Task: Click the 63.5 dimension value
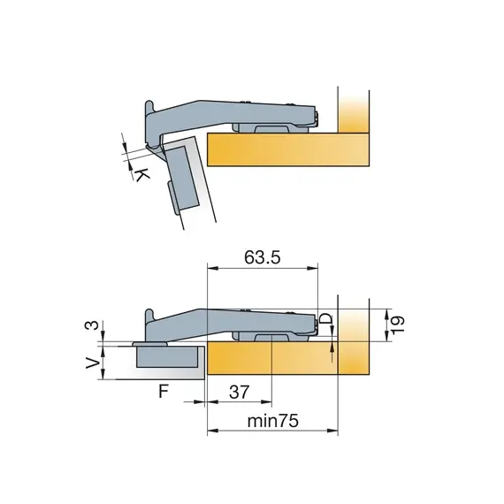[263, 257]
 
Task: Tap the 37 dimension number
[239, 392]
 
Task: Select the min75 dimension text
[273, 421]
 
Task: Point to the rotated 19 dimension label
[398, 325]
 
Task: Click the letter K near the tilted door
[141, 175]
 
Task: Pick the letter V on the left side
[93, 363]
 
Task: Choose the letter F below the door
[164, 391]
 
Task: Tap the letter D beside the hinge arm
[326, 319]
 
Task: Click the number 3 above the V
[92, 325]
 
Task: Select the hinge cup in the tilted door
[181, 180]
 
